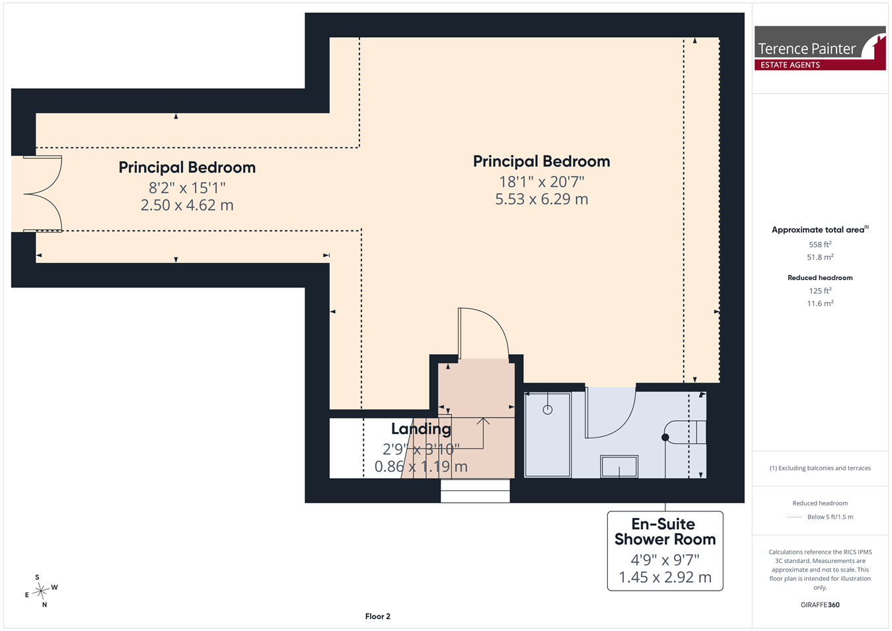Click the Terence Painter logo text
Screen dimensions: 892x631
806,49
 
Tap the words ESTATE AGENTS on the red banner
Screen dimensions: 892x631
790,65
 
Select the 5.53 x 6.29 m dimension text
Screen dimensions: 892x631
542,199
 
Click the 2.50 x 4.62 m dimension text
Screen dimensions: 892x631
187,205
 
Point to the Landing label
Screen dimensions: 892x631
421,429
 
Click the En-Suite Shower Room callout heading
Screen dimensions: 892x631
665,531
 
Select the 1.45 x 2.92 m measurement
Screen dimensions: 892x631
665,577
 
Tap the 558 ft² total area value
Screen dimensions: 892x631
820,244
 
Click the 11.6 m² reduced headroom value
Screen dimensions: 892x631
820,303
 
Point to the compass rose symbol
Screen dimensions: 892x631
41,591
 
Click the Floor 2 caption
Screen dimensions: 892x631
377,616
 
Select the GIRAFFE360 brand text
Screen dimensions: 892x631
820,605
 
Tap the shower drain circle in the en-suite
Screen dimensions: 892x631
548,410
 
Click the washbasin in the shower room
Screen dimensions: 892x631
619,466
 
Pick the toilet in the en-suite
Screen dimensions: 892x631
684,432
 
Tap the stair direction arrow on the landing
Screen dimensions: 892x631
483,433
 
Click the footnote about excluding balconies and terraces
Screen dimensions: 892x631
820,468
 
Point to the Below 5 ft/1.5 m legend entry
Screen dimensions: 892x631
831,517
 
